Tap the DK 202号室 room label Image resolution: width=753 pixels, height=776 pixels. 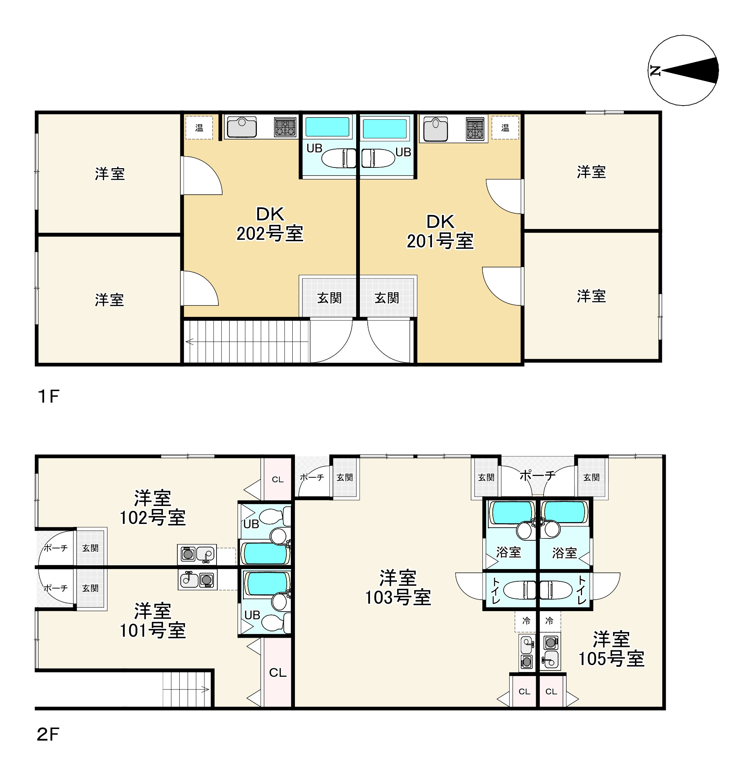pyautogui.click(x=270, y=224)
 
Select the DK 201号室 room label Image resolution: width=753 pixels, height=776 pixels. pyautogui.click(x=440, y=232)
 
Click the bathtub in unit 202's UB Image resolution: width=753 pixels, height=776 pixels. pyautogui.click(x=327, y=127)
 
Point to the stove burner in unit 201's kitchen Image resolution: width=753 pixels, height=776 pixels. pyautogui.click(x=475, y=129)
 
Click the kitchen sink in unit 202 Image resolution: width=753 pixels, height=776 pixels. pyautogui.click(x=242, y=127)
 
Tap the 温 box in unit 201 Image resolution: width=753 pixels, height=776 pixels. pyautogui.click(x=505, y=128)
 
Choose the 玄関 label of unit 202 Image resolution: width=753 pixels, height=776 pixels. pyautogui.click(x=329, y=298)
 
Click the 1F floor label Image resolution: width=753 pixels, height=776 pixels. pyautogui.click(x=49, y=396)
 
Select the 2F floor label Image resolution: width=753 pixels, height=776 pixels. pyautogui.click(x=49, y=735)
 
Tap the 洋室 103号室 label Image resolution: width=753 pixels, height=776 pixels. pyautogui.click(x=398, y=588)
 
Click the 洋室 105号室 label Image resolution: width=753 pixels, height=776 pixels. pyautogui.click(x=611, y=649)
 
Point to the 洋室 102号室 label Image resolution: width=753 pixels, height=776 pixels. pyautogui.click(x=153, y=508)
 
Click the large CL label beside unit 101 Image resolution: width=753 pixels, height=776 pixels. pyautogui.click(x=277, y=673)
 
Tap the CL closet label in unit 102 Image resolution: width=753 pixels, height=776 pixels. pyautogui.click(x=277, y=480)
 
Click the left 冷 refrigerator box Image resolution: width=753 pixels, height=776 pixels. pyautogui.click(x=526, y=621)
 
